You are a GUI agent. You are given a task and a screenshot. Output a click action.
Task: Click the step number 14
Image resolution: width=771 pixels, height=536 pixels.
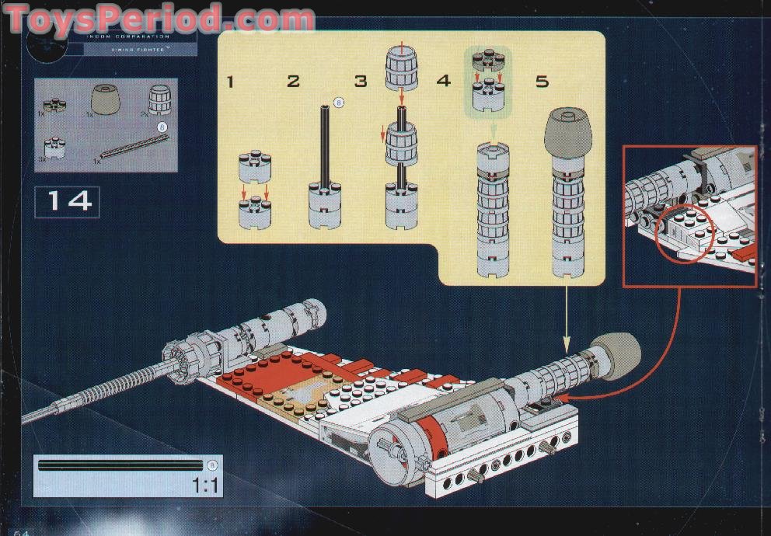point(68,201)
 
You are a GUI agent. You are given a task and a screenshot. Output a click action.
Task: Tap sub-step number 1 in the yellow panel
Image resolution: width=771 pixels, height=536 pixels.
point(231,81)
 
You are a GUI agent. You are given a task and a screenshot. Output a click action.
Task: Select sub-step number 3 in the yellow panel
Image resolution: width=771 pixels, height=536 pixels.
point(360,81)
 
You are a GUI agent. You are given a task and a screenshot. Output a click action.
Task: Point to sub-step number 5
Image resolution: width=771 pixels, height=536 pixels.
point(542,81)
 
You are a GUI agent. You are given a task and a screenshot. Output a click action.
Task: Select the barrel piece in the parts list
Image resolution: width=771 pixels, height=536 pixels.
point(159,99)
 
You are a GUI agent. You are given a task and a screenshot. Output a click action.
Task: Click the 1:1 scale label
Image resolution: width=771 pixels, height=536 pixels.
point(205,486)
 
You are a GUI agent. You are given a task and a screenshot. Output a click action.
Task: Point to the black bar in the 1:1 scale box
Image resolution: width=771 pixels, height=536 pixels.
point(120,465)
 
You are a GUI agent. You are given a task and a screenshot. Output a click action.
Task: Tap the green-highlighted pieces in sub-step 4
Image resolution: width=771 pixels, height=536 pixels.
point(490,82)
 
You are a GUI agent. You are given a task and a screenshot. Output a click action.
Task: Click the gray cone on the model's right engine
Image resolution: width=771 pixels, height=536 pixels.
point(617,356)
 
